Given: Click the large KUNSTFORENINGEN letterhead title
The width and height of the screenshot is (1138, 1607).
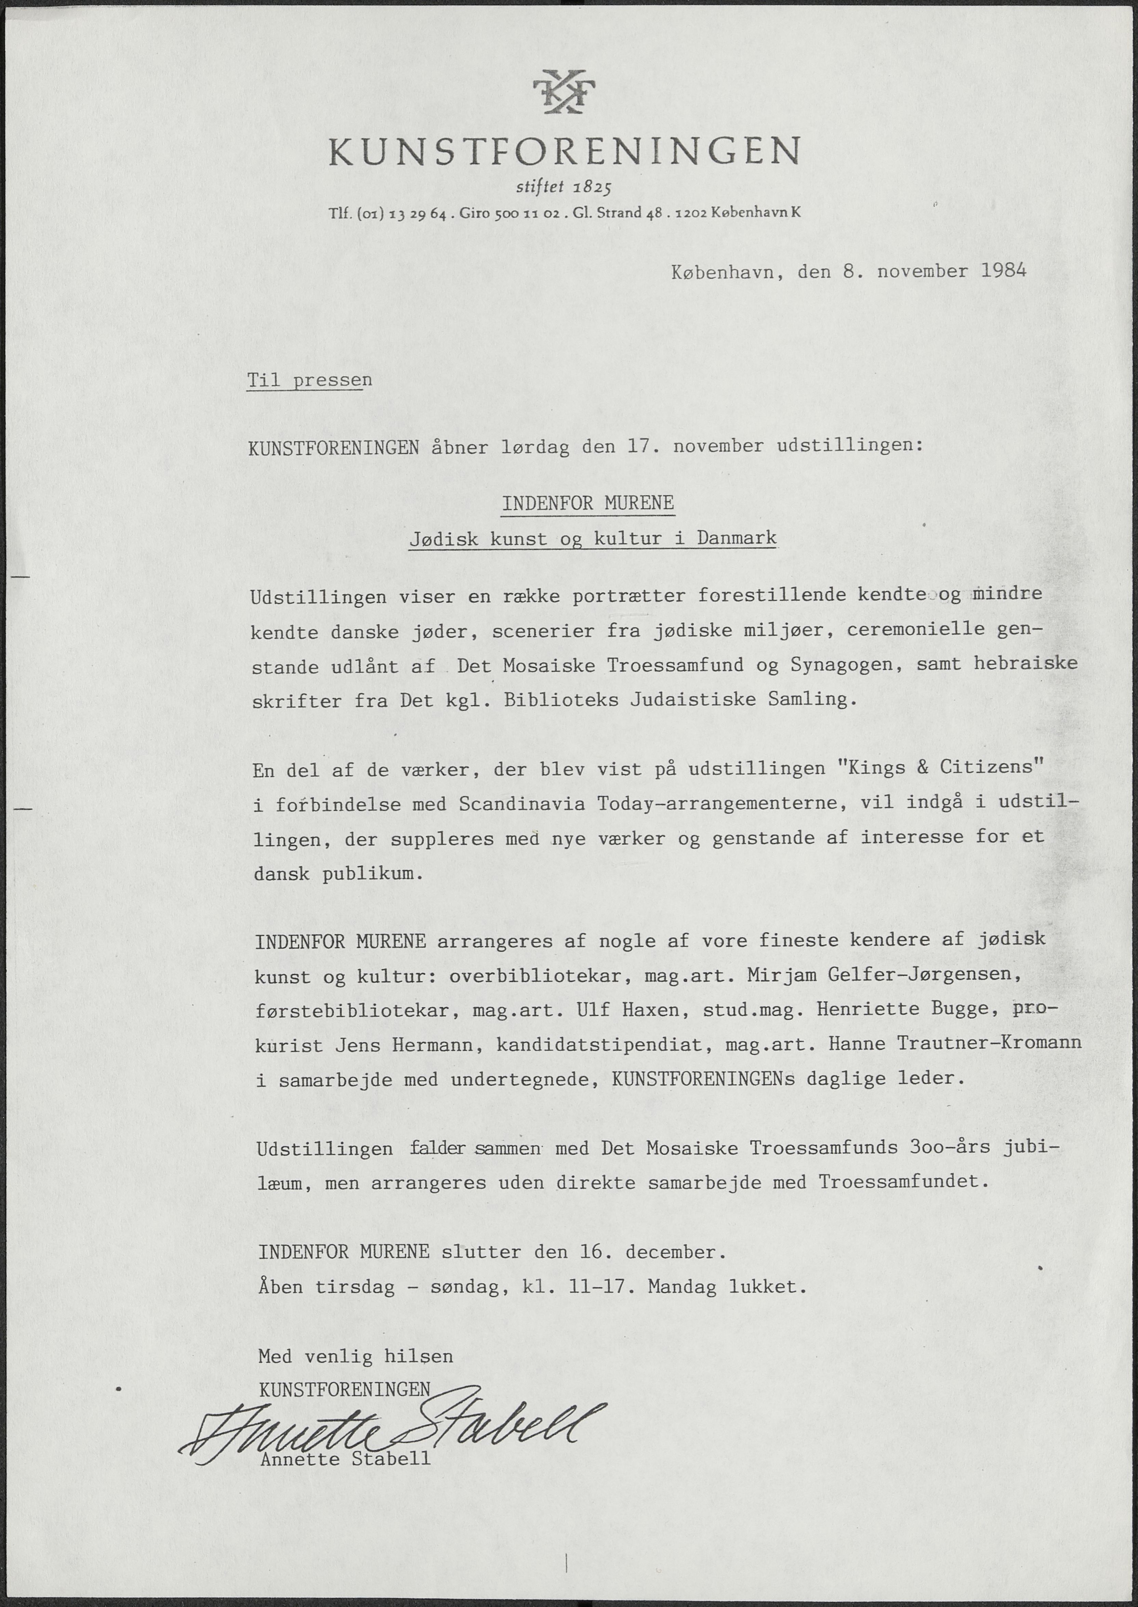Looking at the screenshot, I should tap(564, 151).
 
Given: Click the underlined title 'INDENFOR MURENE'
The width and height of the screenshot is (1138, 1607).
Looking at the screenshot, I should tap(588, 503).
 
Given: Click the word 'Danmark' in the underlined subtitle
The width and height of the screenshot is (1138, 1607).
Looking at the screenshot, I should tap(737, 538).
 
